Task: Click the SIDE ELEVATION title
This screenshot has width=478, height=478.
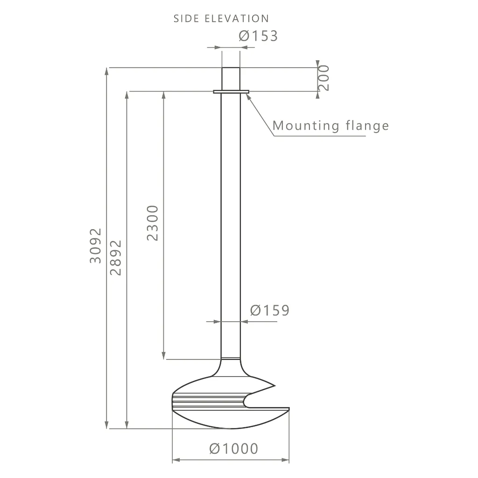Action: click(x=221, y=19)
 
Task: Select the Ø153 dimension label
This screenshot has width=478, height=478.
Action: click(x=258, y=35)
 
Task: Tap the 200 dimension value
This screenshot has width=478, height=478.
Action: click(x=324, y=78)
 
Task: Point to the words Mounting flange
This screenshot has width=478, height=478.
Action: click(x=331, y=125)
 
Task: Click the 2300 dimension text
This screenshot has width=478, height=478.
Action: click(x=153, y=223)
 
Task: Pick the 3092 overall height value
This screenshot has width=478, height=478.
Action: click(x=95, y=246)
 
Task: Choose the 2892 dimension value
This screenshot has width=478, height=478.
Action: click(x=116, y=258)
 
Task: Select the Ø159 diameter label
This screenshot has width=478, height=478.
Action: click(x=270, y=310)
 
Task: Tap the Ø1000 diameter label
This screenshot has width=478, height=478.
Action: click(x=234, y=449)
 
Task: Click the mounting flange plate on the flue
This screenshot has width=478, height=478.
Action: click(x=231, y=91)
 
